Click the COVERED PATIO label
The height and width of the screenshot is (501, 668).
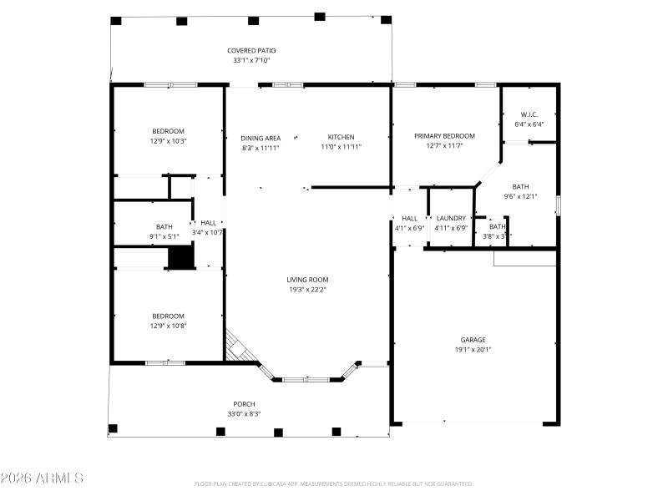tap(251, 51)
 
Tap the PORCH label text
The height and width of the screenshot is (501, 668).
tap(245, 404)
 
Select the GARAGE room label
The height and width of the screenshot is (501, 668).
tap(473, 340)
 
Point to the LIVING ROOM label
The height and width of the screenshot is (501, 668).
tap(308, 281)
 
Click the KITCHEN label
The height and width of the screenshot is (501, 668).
tap(341, 138)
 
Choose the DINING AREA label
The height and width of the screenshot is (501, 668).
tap(261, 139)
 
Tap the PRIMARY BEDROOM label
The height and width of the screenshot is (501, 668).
tap(444, 136)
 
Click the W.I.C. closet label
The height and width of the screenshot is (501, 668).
tap(529, 114)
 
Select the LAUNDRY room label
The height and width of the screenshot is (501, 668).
tap(451, 218)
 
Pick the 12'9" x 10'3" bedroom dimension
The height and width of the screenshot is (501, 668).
tap(168, 141)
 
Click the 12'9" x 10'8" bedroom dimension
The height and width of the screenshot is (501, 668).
tap(168, 326)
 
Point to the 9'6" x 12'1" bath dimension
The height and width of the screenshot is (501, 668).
tap(520, 197)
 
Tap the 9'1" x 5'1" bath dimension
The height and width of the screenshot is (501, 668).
tap(164, 236)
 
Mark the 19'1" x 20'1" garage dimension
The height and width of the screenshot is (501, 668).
tap(473, 350)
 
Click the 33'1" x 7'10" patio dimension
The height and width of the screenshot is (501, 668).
tap(251, 60)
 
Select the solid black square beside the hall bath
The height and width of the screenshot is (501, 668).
tap(180, 257)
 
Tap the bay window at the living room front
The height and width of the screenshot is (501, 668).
tap(306, 378)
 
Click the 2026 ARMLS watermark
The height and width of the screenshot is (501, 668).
tap(42, 478)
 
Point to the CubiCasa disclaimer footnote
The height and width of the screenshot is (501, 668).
tap(334, 483)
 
